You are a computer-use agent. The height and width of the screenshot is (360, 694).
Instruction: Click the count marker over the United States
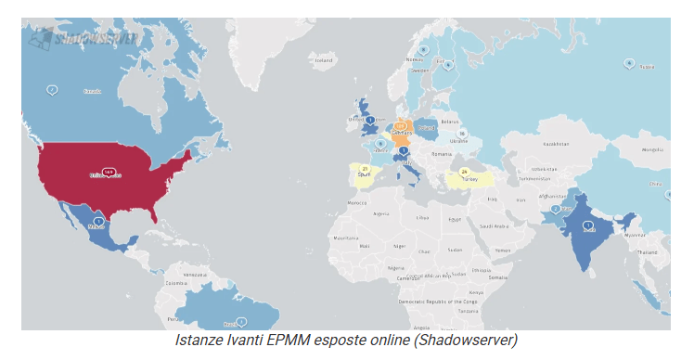coord(109,172)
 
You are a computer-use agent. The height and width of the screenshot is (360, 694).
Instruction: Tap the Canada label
coord(92,91)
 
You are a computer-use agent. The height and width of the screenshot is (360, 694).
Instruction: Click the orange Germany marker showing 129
coord(401,124)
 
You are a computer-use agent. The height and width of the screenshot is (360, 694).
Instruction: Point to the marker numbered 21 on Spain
coord(366,168)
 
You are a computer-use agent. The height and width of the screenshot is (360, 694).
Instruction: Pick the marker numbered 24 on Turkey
coord(464,171)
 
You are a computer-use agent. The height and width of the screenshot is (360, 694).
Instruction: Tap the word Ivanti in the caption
coord(246,341)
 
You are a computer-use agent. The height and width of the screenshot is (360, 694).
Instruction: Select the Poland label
coord(426,122)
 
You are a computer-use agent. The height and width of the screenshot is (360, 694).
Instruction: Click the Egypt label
coord(454,218)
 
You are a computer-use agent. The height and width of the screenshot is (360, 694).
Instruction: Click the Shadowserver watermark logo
coord(84,38)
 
